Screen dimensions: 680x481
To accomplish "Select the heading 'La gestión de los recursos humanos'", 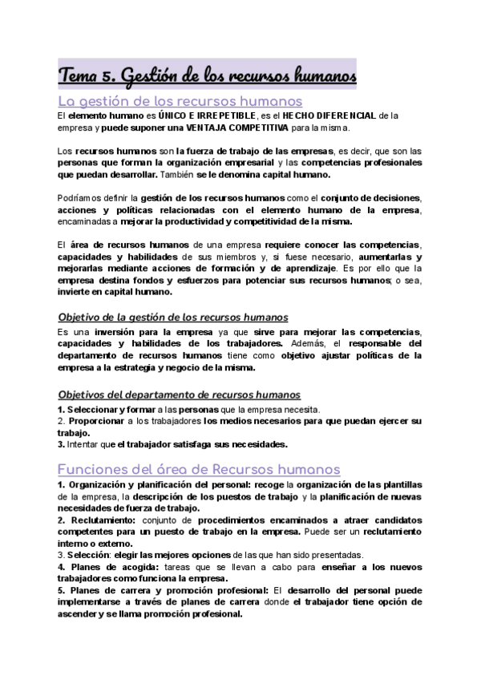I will [180, 101].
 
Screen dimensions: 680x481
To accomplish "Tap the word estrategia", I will [157, 367].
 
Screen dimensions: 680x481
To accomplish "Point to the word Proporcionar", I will [94, 420].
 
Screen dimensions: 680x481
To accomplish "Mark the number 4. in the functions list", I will [61, 566].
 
